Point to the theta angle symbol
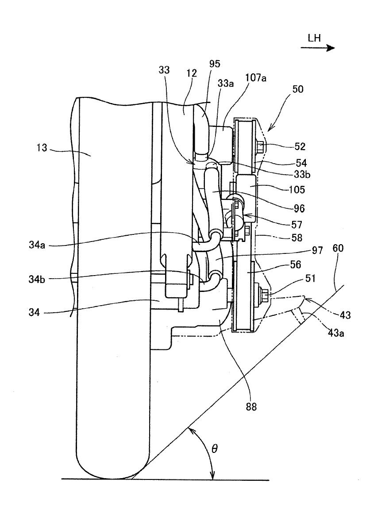215,448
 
